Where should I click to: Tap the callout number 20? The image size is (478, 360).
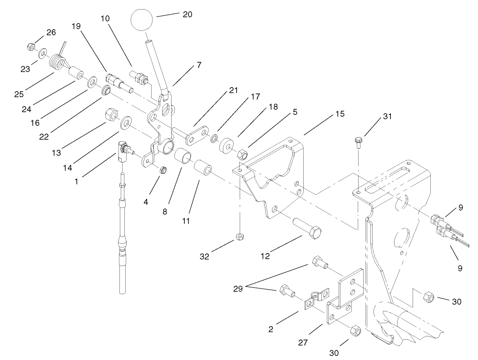(187, 14)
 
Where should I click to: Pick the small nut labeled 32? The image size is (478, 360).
(239, 237)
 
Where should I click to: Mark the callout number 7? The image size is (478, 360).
(199, 65)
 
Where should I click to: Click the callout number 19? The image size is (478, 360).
(76, 26)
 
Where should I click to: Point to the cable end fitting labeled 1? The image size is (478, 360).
(123, 151)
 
